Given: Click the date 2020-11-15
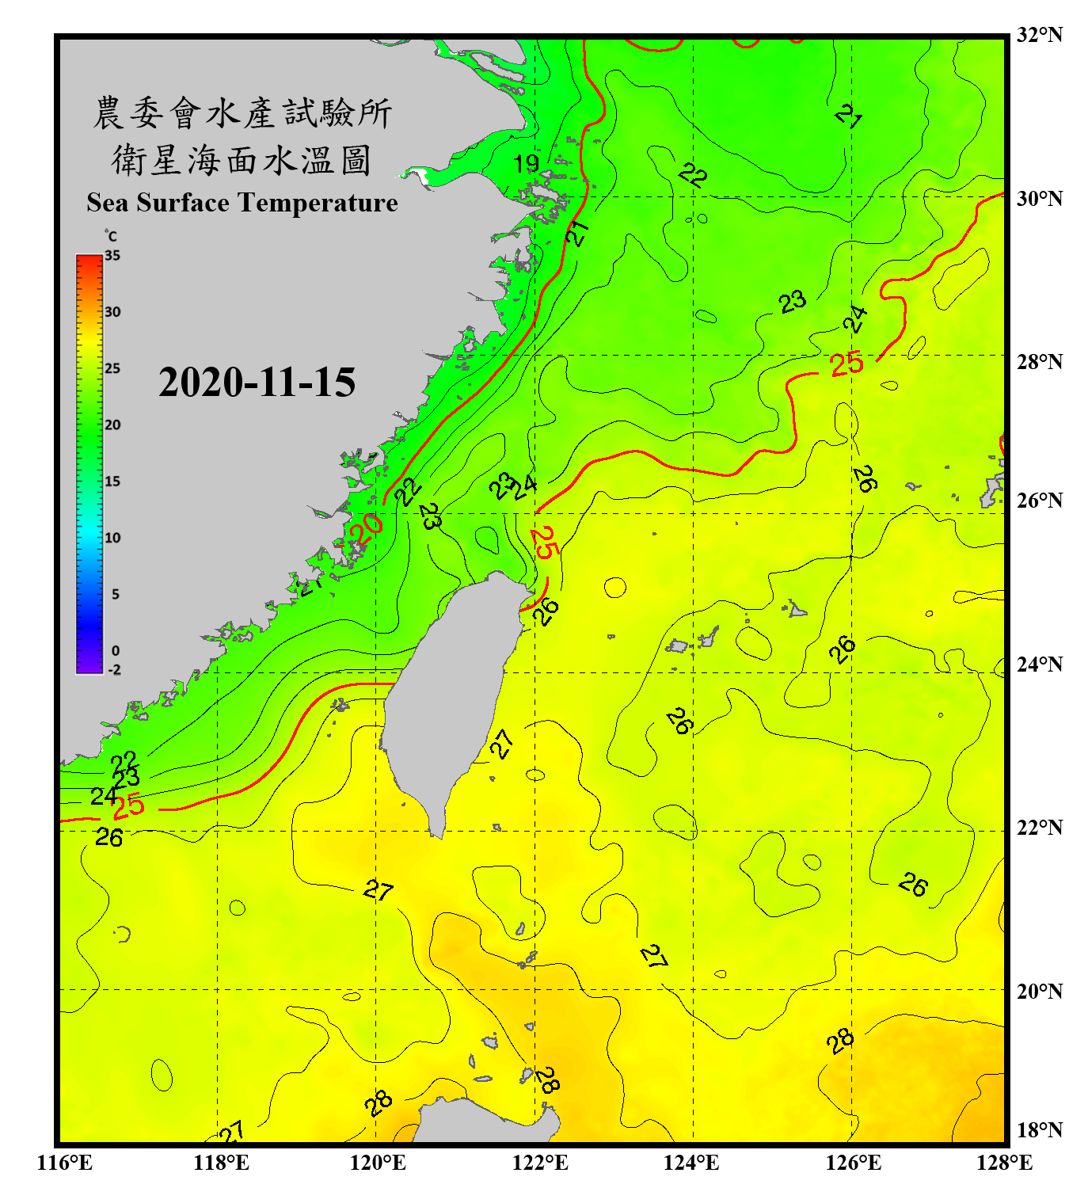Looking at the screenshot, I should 257,383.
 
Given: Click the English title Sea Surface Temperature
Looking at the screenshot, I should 242,203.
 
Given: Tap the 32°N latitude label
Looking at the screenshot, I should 1039,35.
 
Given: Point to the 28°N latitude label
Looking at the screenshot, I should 1039,361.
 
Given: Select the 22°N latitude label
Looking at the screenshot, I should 1039,827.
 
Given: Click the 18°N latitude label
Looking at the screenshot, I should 1039,1129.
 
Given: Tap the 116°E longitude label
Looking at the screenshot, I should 65,1163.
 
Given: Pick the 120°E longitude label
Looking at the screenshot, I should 378,1163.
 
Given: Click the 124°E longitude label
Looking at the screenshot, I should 691,1163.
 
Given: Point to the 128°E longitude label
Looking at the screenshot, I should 1004,1163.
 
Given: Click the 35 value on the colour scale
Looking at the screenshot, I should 112,256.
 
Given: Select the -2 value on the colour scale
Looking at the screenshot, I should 114,670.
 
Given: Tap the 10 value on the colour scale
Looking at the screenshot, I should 112,538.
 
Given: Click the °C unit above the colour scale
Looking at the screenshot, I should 111,236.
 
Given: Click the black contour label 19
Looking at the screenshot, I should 526,164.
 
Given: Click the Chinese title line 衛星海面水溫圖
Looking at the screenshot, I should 242,160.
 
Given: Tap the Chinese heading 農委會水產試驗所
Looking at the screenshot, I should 242,113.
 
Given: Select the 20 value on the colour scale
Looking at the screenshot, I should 112,425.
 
